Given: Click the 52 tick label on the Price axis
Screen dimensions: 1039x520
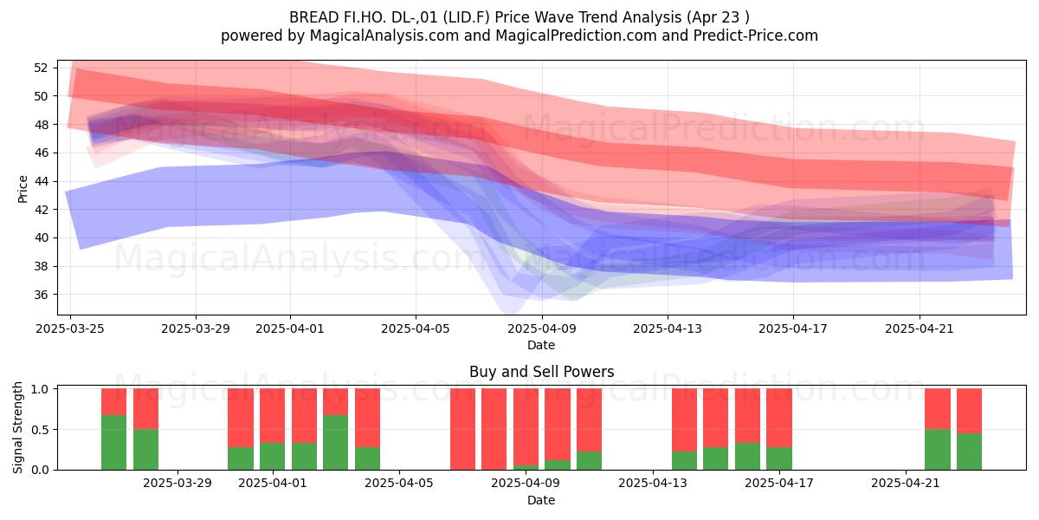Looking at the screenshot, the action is pyautogui.click(x=41, y=68).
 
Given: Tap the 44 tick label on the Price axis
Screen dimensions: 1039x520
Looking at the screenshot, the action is pyautogui.click(x=41, y=181).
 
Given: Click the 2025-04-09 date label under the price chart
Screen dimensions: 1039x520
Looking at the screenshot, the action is pyautogui.click(x=542, y=328).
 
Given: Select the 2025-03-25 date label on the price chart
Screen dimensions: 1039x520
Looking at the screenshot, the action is pyautogui.click(x=70, y=328).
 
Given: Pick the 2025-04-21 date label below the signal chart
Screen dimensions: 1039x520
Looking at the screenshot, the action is pyautogui.click(x=906, y=483).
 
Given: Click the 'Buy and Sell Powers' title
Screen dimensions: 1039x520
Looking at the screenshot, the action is pyautogui.click(x=541, y=372).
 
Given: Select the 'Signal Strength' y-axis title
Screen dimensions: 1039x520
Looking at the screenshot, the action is pyautogui.click(x=17, y=427).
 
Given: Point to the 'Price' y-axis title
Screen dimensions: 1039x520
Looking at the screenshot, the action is pyautogui.click(x=23, y=189).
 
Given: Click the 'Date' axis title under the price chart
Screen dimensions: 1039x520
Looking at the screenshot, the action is pyautogui.click(x=541, y=345).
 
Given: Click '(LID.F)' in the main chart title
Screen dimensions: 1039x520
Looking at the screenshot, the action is pyautogui.click(x=467, y=17).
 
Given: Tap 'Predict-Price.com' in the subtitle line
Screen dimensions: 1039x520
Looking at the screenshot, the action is pyautogui.click(x=756, y=36).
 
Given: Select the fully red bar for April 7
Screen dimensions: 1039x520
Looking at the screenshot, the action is pyautogui.click(x=462, y=429).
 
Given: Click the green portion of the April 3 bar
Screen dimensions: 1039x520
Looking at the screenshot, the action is pyautogui.click(x=336, y=443).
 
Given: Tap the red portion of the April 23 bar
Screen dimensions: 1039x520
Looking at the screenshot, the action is pyautogui.click(x=969, y=411).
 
